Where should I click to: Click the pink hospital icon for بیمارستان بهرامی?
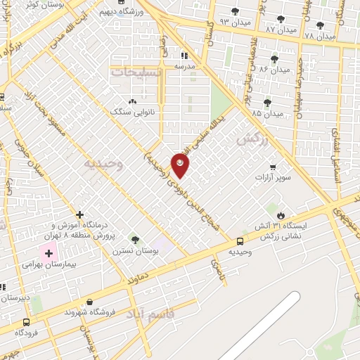pos(49,253)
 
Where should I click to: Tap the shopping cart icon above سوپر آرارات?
pos(273,167)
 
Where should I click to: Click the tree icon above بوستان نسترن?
pos(135,240)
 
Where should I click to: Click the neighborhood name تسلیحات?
pos(136,72)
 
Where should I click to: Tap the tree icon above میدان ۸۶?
pos(274,59)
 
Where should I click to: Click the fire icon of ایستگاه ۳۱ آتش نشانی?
pos(282,214)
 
